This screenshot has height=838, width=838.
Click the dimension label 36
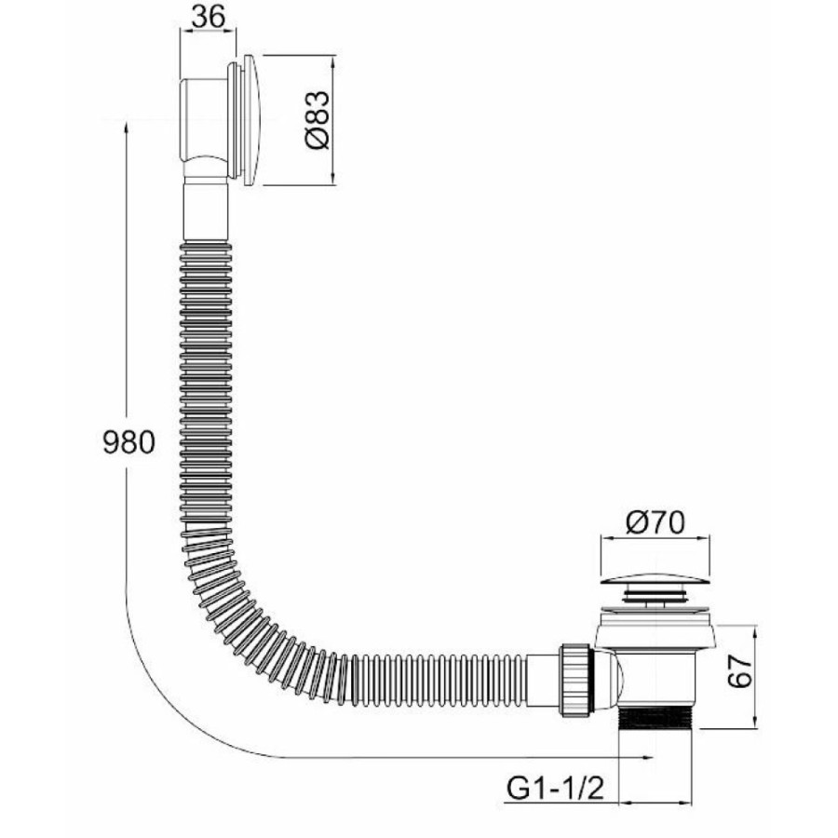point(208,17)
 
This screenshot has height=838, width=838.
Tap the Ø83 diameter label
point(317,120)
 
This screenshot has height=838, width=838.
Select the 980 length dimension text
point(128,442)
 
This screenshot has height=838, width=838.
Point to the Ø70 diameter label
point(656,522)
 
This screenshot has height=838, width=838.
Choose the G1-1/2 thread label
point(555,788)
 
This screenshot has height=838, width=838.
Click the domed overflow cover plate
point(251,120)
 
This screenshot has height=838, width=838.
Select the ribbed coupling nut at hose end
point(576,679)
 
